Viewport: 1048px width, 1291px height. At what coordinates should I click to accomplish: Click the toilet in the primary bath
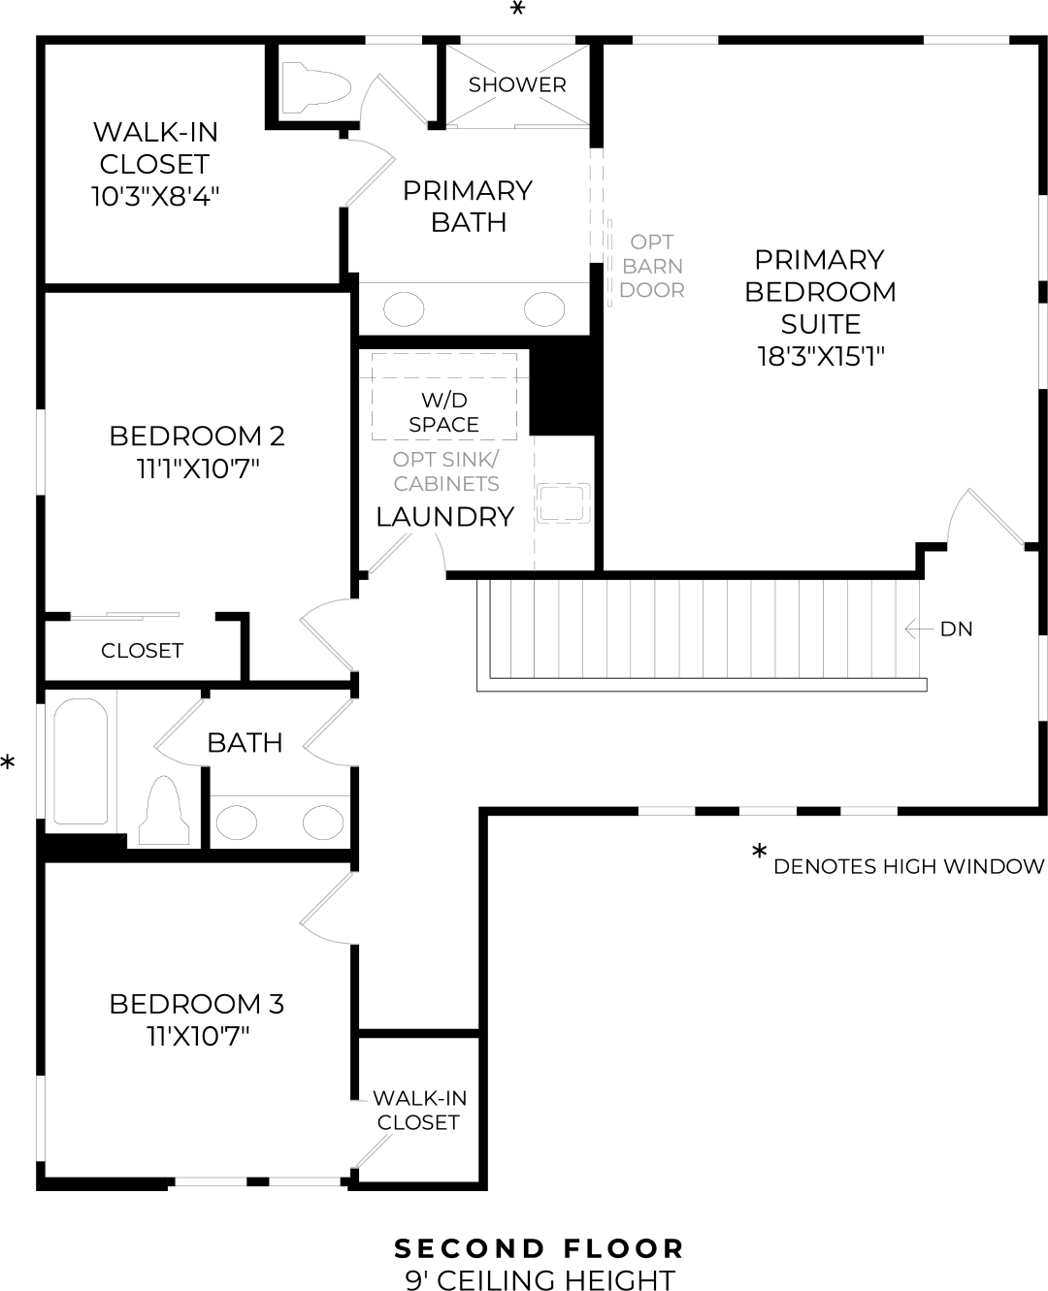tap(314, 85)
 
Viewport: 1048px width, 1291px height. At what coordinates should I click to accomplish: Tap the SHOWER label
tap(517, 84)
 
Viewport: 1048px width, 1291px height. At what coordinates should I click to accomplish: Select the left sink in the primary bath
tap(404, 310)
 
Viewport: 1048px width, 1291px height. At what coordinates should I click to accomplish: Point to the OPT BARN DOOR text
tap(652, 266)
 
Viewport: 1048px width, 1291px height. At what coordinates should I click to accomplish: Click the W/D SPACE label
tap(443, 412)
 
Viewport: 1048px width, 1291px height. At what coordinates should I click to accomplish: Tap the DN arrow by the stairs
tap(918, 629)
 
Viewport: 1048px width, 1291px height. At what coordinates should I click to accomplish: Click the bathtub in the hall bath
tap(80, 761)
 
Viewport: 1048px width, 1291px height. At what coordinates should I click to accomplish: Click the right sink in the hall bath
tap(322, 823)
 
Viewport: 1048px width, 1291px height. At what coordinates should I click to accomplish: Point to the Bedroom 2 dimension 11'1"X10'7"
tap(198, 469)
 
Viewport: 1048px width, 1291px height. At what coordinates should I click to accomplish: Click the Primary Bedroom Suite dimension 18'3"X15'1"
tap(821, 356)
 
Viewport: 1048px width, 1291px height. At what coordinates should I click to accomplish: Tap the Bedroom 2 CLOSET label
tap(142, 651)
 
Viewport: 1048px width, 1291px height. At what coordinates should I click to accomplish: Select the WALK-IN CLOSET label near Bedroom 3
tap(419, 1111)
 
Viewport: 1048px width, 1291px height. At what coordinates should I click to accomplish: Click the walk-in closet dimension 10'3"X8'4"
tap(155, 197)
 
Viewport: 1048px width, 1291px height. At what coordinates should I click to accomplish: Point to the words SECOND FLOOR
tap(540, 1248)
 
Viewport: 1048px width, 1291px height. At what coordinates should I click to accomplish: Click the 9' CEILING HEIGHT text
tap(540, 1280)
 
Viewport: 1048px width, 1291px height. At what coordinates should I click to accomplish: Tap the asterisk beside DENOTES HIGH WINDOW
tap(760, 854)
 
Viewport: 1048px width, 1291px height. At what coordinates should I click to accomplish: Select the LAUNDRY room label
tap(444, 517)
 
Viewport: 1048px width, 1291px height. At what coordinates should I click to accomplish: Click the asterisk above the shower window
tap(518, 10)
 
